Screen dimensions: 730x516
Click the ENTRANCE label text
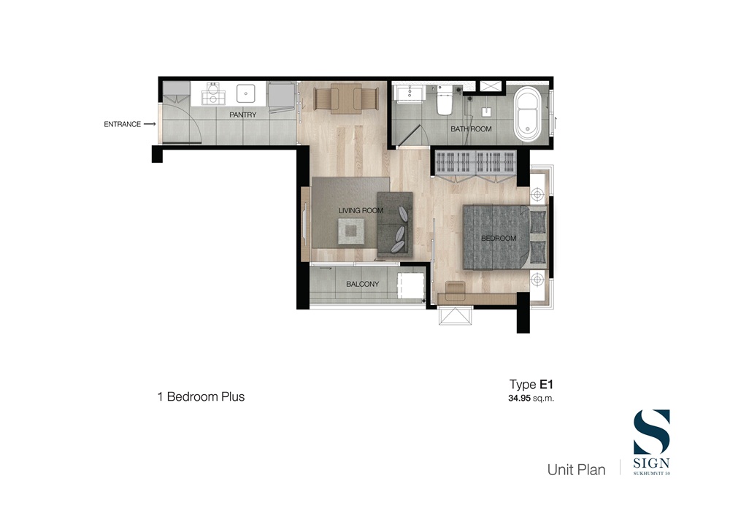point(122,124)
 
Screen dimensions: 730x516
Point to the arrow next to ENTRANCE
point(150,124)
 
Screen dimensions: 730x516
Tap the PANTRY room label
point(242,115)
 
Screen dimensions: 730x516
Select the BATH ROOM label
point(471,129)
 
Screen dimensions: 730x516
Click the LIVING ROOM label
point(361,210)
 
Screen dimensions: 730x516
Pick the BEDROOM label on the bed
point(499,238)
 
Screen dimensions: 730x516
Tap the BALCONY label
point(362,284)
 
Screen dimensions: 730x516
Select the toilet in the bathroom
point(445,99)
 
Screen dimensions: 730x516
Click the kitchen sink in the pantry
point(245,93)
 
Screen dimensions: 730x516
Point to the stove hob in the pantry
point(212,93)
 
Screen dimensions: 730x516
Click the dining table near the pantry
point(345,99)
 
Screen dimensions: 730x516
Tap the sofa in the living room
point(395,224)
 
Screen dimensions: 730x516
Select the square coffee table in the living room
point(350,231)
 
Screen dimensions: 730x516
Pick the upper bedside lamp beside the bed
point(538,193)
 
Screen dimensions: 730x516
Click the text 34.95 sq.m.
point(531,398)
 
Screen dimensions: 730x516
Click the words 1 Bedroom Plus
point(201,396)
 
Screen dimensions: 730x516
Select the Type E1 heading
point(531,385)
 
